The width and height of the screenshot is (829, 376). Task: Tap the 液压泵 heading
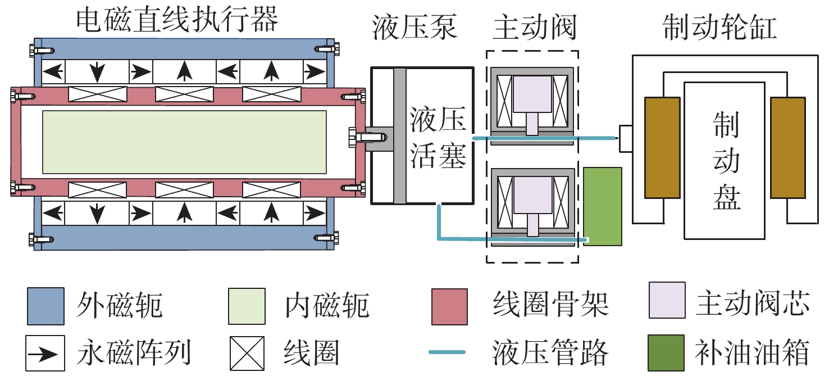pyautogui.click(x=414, y=28)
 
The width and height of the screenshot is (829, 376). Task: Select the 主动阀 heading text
pyautogui.click(x=534, y=28)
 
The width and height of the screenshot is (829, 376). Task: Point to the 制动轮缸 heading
pyautogui.click(x=720, y=28)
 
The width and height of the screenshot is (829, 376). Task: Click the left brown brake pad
pyautogui.click(x=662, y=147)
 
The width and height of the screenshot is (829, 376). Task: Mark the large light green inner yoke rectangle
pyautogui.click(x=184, y=142)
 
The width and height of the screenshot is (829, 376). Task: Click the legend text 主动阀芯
pyautogui.click(x=753, y=306)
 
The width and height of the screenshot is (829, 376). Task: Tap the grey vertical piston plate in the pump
pyautogui.click(x=399, y=135)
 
